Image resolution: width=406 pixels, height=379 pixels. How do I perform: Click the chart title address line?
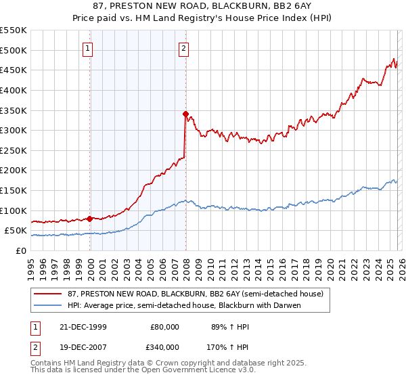pos(202,6)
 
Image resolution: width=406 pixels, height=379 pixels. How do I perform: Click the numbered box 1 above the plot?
pos(89,48)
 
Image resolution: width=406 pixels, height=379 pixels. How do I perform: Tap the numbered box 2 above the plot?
pos(184,48)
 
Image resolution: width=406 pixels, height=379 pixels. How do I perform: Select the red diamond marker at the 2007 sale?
pos(185,114)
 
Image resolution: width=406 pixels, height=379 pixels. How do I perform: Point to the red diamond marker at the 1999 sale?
pos(90,218)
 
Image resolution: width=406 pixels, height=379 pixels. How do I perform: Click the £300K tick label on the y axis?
pos(14,130)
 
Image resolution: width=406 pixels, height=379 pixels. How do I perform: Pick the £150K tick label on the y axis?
pos(14,190)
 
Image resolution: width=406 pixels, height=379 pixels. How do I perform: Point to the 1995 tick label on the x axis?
pos(31,265)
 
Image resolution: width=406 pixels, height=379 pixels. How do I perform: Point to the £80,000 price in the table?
pos(163,326)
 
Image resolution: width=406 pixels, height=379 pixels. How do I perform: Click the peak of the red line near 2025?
pos(394,59)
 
